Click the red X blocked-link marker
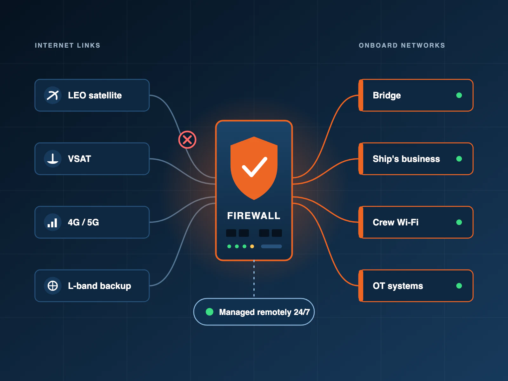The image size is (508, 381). [x=187, y=140]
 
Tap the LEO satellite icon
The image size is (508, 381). [x=52, y=95]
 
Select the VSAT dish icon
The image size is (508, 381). [x=52, y=159]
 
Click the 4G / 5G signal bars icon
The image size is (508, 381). [x=52, y=222]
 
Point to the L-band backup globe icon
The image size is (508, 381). [x=52, y=286]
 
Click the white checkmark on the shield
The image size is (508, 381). [x=254, y=167]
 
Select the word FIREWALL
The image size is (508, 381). [x=254, y=216]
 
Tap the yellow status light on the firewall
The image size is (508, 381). [x=252, y=246]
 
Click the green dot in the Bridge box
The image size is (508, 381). [x=459, y=95]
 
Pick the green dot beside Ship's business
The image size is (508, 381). [x=459, y=159]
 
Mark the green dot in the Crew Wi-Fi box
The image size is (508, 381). [x=459, y=222]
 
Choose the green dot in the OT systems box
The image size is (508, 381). [x=459, y=286]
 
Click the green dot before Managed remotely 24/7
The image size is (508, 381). [x=210, y=312]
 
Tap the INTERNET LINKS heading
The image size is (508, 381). [x=67, y=45]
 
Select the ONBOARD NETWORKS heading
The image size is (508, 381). [x=402, y=45]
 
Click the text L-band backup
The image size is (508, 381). [x=99, y=286]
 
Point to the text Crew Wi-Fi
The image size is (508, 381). [x=396, y=222]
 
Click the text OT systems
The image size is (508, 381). [x=398, y=286]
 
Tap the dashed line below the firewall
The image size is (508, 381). [x=254, y=278]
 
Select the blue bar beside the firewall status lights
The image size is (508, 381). [x=271, y=246]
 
